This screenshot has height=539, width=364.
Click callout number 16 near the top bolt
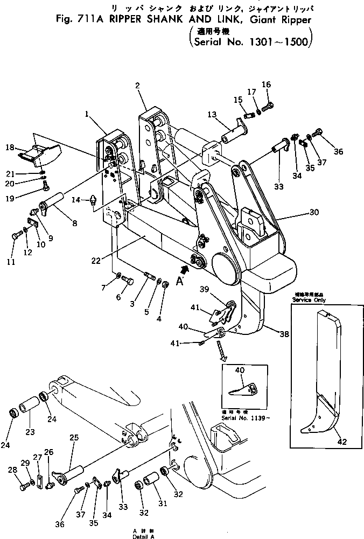pyautogui.click(x=267, y=85)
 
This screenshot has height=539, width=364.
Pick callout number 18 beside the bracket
pyautogui.click(x=10, y=147)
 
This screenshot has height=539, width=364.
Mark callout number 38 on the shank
pyautogui.click(x=284, y=334)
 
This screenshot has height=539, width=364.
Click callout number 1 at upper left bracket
pyautogui.click(x=86, y=114)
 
